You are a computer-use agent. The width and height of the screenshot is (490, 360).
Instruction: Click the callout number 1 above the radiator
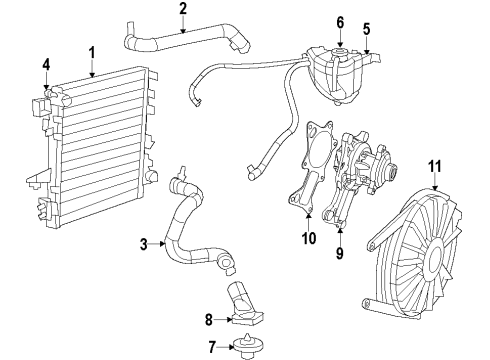tap(91, 52)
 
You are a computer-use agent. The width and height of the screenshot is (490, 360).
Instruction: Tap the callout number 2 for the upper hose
tap(183, 10)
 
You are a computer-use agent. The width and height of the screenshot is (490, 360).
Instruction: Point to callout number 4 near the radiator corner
tap(45, 67)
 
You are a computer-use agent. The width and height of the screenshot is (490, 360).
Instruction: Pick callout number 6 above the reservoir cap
tap(340, 22)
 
